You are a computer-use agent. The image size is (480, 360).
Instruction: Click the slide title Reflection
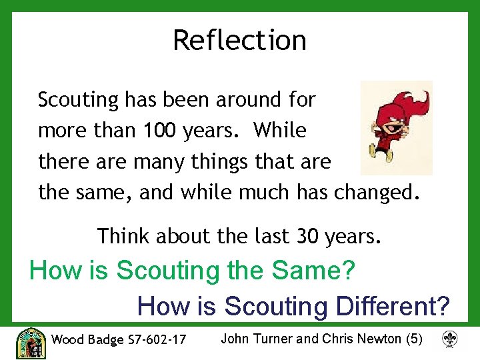coord(239,40)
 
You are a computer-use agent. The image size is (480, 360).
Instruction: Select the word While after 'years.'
coord(280,130)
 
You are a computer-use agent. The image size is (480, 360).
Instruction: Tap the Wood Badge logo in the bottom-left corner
coord(30,343)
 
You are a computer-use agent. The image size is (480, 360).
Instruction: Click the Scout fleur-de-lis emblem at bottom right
coord(451,340)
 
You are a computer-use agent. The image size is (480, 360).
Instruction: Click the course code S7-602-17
coord(156,339)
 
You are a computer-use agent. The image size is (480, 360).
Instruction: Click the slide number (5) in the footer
coord(413,339)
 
